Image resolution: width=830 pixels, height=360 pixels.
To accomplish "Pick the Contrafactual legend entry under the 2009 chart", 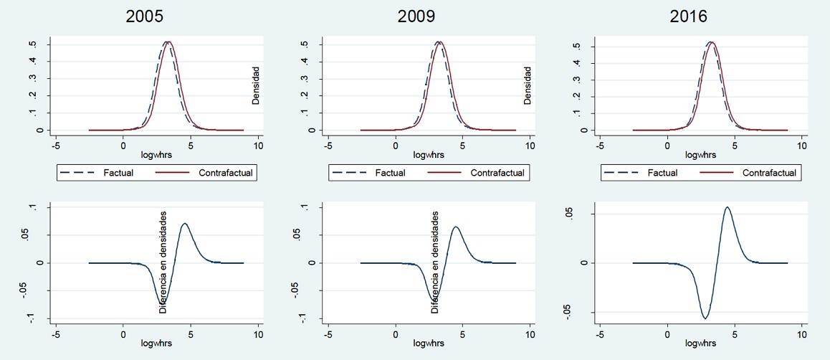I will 497,173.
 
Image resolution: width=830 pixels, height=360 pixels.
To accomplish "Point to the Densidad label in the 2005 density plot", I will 255,86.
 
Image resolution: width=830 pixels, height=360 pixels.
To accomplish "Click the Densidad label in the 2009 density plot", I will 528,86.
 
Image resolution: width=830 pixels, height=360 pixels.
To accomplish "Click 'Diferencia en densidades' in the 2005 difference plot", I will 163,262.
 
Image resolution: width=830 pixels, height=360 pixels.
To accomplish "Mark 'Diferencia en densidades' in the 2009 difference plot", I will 435,262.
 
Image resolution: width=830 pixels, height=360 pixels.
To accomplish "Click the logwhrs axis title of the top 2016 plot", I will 700,155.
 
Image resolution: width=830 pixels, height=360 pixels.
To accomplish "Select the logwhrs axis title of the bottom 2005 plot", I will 156,343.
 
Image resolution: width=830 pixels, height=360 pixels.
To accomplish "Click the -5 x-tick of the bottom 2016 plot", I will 600,334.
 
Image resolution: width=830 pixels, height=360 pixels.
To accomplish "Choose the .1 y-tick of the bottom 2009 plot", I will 304,207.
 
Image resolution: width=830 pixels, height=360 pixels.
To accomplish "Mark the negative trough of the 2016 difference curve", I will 705,318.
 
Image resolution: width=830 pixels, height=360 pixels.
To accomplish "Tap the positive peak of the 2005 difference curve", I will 184,224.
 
